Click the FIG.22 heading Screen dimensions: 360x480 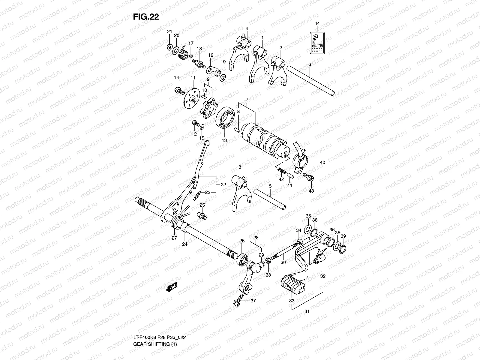point(146,17)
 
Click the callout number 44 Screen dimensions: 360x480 point(317,23)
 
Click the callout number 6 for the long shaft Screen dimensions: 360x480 point(310,64)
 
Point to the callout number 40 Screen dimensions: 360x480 point(322,163)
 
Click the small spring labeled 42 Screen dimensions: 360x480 point(281,172)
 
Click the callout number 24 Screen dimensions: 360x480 point(184,244)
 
